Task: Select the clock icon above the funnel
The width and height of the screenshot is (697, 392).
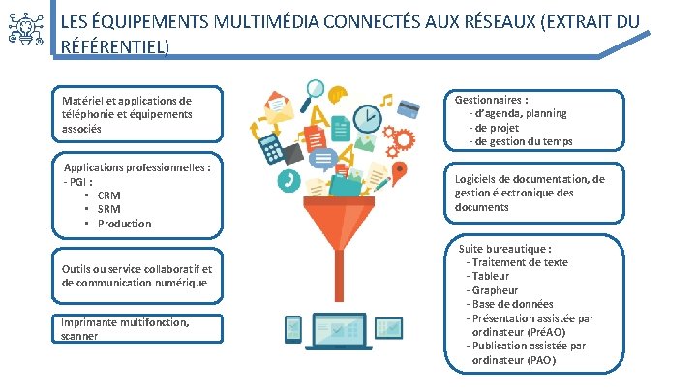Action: pos(367,118)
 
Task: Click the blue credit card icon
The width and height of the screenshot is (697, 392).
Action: pos(409,106)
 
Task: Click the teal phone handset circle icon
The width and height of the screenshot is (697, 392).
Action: pos(288,180)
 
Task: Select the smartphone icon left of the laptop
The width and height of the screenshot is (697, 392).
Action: pos(294,330)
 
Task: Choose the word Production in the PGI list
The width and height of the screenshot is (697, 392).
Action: pos(124,224)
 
